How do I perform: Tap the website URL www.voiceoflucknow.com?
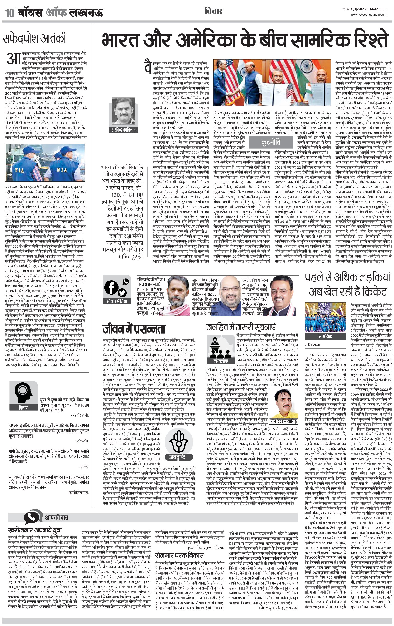coord(368,15)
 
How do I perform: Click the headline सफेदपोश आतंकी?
coord(34,38)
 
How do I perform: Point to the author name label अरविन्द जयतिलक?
coord(124,129)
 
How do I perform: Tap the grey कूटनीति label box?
coord(271,142)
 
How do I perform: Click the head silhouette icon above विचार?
coord(23,393)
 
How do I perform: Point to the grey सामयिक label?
coord(325,336)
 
